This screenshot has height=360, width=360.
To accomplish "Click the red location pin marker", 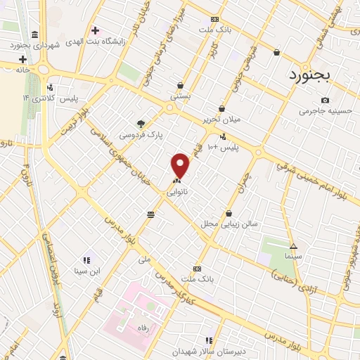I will pyautogui.click(x=181, y=165).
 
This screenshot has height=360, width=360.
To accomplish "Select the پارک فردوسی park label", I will pyautogui.click(x=141, y=134).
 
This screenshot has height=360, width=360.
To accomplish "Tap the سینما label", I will pyautogui.click(x=292, y=257).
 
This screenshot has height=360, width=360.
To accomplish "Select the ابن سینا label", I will pyautogui.click(x=89, y=271).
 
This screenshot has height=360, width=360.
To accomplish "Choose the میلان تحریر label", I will pyautogui.click(x=222, y=119).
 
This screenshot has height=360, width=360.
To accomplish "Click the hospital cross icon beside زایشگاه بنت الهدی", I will pyautogui.click(x=95, y=30).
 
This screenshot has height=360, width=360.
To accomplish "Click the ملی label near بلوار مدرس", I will pyautogui.click(x=146, y=259).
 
